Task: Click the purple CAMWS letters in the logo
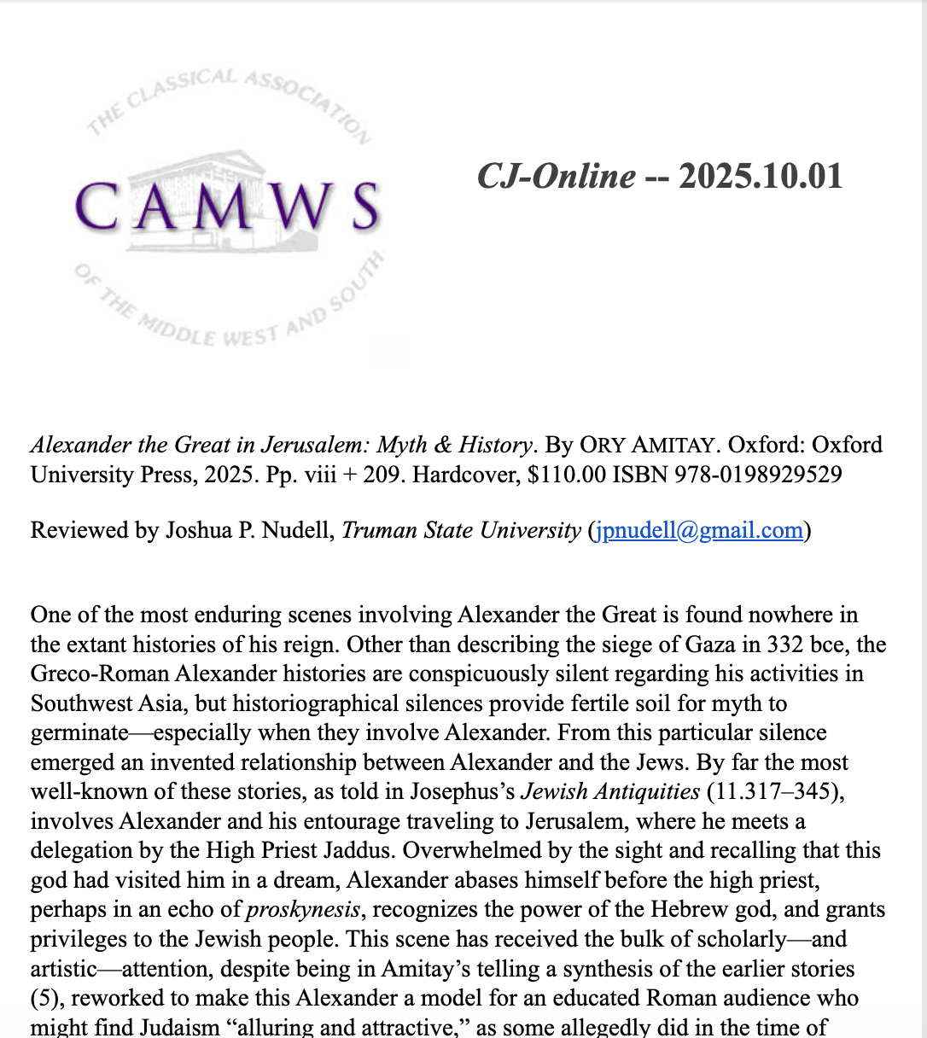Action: [x=226, y=207]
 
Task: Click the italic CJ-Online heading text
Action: [x=556, y=177]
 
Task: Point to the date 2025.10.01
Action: [x=761, y=177]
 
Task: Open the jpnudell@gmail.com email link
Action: [x=699, y=530]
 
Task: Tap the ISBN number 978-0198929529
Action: [x=758, y=475]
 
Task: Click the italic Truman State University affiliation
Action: [x=461, y=530]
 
